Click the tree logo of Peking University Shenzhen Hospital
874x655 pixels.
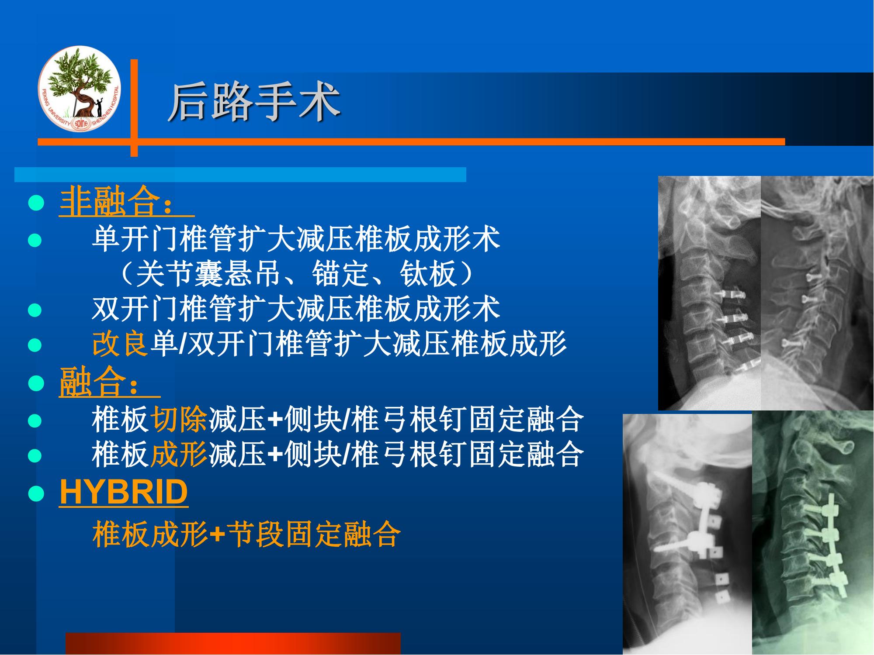[79, 88]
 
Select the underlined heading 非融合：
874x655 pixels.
[127, 202]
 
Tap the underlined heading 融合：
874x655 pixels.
[110, 383]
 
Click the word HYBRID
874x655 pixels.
[124, 492]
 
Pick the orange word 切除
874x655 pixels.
[179, 420]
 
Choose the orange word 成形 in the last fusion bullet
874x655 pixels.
[179, 455]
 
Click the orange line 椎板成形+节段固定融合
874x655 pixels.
[246, 534]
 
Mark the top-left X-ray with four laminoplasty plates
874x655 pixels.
[710, 293]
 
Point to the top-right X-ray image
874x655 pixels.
[817, 293]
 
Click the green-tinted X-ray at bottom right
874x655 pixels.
[813, 533]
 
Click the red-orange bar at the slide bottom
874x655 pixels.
[233, 644]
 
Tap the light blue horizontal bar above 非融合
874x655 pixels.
[240, 174]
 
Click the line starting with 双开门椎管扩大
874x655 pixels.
[296, 309]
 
